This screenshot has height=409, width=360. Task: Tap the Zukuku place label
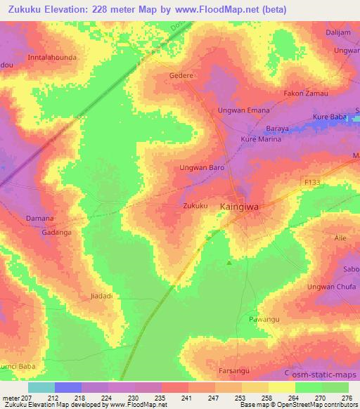(195, 206)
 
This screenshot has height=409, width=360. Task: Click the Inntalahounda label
(51, 56)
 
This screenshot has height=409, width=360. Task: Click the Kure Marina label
(262, 139)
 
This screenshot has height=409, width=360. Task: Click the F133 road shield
(313, 182)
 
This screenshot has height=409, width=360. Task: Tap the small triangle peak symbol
(229, 264)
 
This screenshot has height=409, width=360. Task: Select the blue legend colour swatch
(68, 387)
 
